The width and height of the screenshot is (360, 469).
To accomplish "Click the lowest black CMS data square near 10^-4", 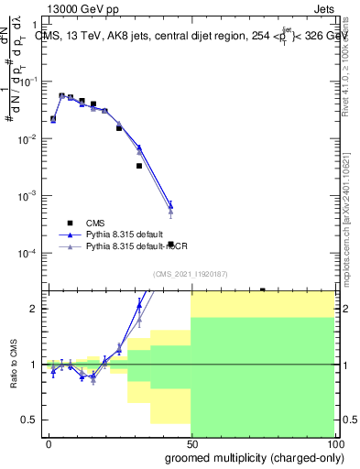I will tap(170, 244).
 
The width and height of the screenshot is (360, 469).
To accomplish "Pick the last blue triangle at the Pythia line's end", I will tap(170, 204).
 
